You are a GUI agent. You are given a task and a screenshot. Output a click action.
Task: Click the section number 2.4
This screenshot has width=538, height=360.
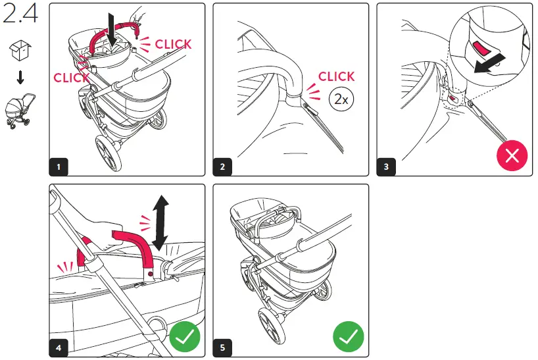tap(20, 14)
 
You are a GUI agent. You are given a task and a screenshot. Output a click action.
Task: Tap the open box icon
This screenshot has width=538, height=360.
tap(20, 51)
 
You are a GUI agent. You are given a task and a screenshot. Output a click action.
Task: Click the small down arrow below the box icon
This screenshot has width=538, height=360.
tap(20, 77)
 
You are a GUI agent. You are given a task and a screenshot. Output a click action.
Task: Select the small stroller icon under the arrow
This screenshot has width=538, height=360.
tap(20, 111)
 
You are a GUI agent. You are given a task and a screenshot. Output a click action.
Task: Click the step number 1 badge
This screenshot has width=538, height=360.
tap(59, 167)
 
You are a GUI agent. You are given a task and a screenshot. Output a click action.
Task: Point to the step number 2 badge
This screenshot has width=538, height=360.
tap(222, 167)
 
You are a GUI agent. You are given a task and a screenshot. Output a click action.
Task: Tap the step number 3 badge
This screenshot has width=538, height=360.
tap(386, 167)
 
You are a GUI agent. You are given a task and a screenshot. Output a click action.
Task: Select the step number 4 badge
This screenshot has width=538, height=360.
tap(59, 347)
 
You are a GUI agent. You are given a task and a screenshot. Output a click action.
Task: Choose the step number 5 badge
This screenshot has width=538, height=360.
tap(222, 347)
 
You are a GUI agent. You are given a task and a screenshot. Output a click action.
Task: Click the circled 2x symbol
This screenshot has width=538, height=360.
tap(341, 99)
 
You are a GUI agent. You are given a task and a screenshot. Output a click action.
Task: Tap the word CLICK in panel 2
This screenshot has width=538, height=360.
tap(336, 76)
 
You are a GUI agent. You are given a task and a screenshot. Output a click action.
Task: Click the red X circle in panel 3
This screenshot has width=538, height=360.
tap(512, 155)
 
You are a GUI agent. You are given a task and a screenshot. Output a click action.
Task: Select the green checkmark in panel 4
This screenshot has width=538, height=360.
tap(185, 337)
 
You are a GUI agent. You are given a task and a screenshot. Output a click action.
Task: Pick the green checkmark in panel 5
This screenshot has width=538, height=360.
tap(349, 337)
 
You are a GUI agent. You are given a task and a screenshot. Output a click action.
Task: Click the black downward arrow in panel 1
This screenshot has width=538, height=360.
tap(112, 30)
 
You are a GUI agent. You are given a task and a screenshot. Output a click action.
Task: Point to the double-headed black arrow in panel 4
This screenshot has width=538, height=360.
tap(160, 223)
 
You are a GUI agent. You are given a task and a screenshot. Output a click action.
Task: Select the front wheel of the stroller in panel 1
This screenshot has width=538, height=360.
tap(109, 153)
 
